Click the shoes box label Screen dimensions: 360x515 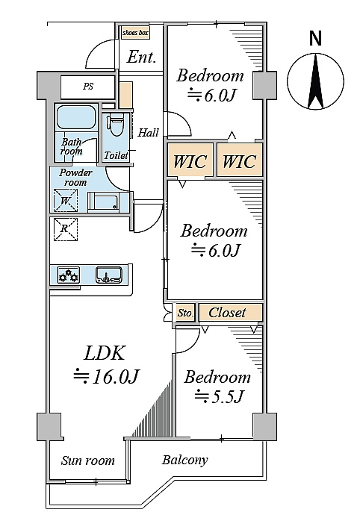point(135,33)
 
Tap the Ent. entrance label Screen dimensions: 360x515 point(141,57)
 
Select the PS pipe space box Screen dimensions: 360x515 point(88,87)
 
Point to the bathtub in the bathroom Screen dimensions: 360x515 point(76,117)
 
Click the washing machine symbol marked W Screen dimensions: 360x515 point(66,200)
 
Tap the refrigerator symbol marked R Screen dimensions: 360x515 point(66,229)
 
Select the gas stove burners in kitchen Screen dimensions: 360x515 point(69,275)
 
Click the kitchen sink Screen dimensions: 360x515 point(109,275)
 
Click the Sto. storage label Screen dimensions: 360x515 point(185,313)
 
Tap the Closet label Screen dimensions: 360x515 point(227,312)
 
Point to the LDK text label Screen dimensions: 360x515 point(105,353)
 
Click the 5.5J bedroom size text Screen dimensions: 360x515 point(219,396)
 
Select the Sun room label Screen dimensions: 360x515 point(88,461)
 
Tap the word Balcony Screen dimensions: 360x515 point(184,461)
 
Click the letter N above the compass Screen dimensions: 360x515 point(315,38)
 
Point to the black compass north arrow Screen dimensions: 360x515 point(316,81)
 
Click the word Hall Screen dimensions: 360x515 point(149,133)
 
